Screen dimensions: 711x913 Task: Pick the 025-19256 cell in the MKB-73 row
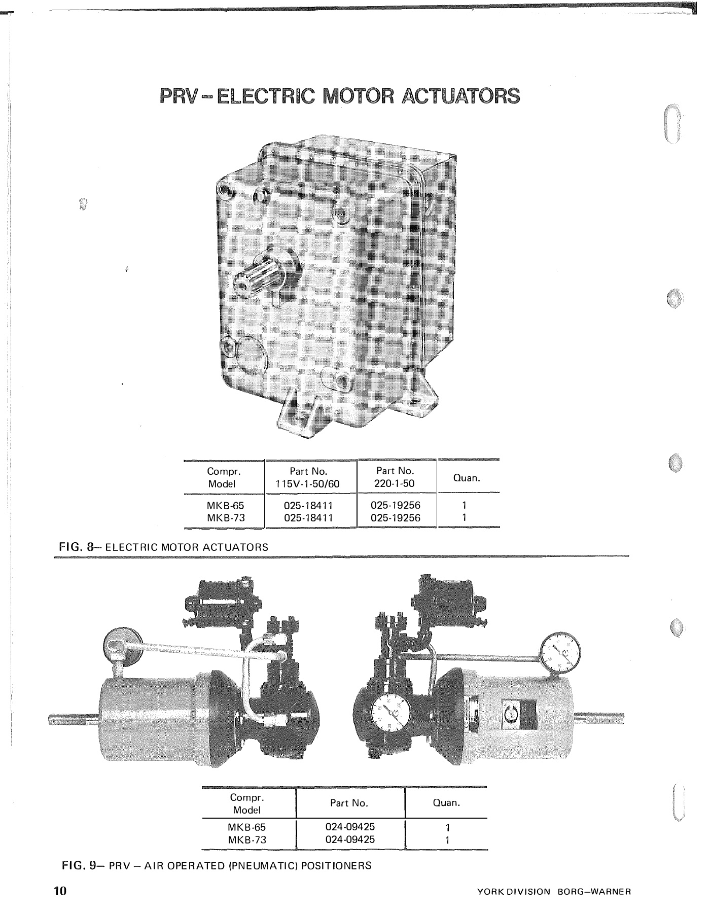pos(396,518)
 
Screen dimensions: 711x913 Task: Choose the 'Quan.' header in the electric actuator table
pos(467,478)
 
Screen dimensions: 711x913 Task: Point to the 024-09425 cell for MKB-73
pos(350,839)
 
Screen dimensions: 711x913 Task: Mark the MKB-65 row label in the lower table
pos(246,827)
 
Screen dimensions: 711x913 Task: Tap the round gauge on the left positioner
pos(123,646)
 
